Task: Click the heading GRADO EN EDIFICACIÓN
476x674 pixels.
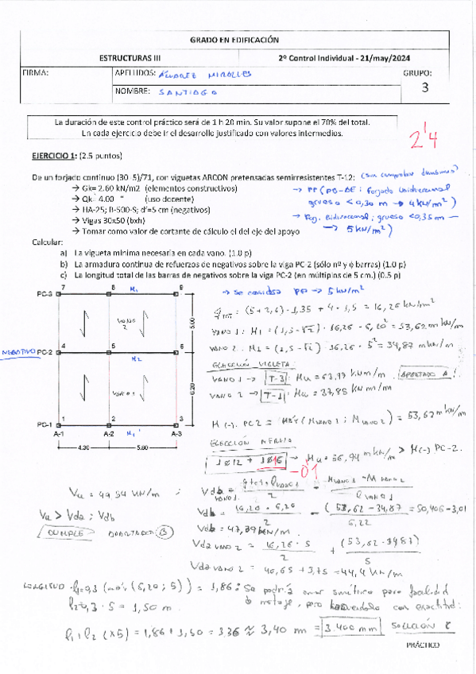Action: point(234,40)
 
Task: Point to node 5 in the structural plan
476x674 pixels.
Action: point(114,346)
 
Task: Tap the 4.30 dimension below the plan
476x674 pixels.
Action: point(85,447)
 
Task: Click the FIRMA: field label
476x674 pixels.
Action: point(36,73)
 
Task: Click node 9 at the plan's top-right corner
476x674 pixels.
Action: point(182,287)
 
